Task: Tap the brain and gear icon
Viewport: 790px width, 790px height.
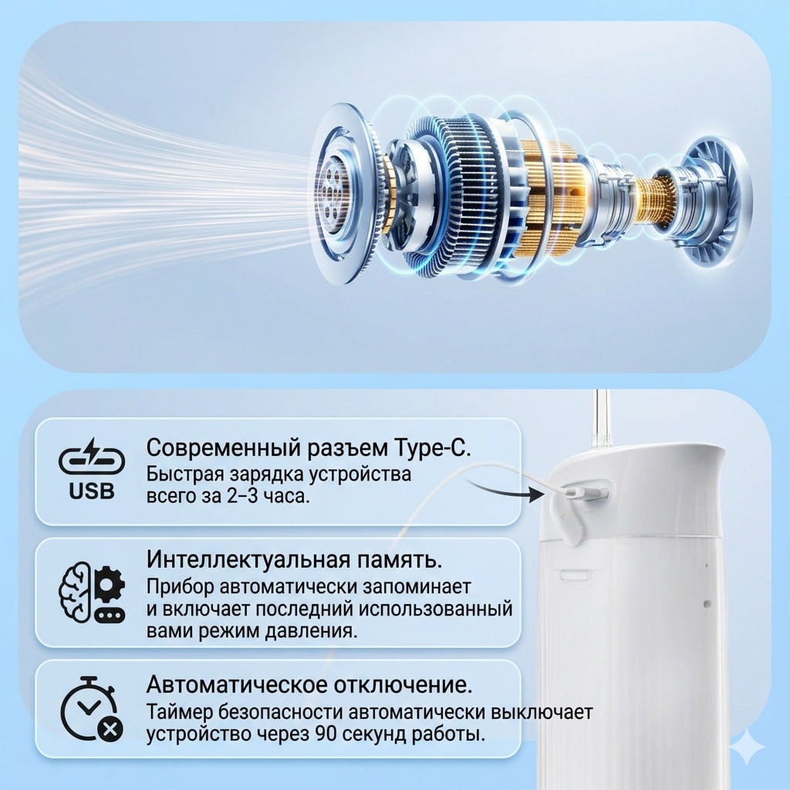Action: (x=92, y=592)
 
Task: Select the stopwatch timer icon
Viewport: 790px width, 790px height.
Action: (x=91, y=709)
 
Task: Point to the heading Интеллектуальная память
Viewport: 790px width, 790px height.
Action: (x=295, y=559)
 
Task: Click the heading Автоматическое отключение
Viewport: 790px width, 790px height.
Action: (x=309, y=685)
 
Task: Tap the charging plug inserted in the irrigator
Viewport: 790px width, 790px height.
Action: (x=585, y=491)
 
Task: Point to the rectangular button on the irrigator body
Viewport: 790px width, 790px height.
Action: (x=575, y=575)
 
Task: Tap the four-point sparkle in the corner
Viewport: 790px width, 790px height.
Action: (x=748, y=747)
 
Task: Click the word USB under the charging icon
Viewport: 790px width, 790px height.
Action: (x=92, y=491)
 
